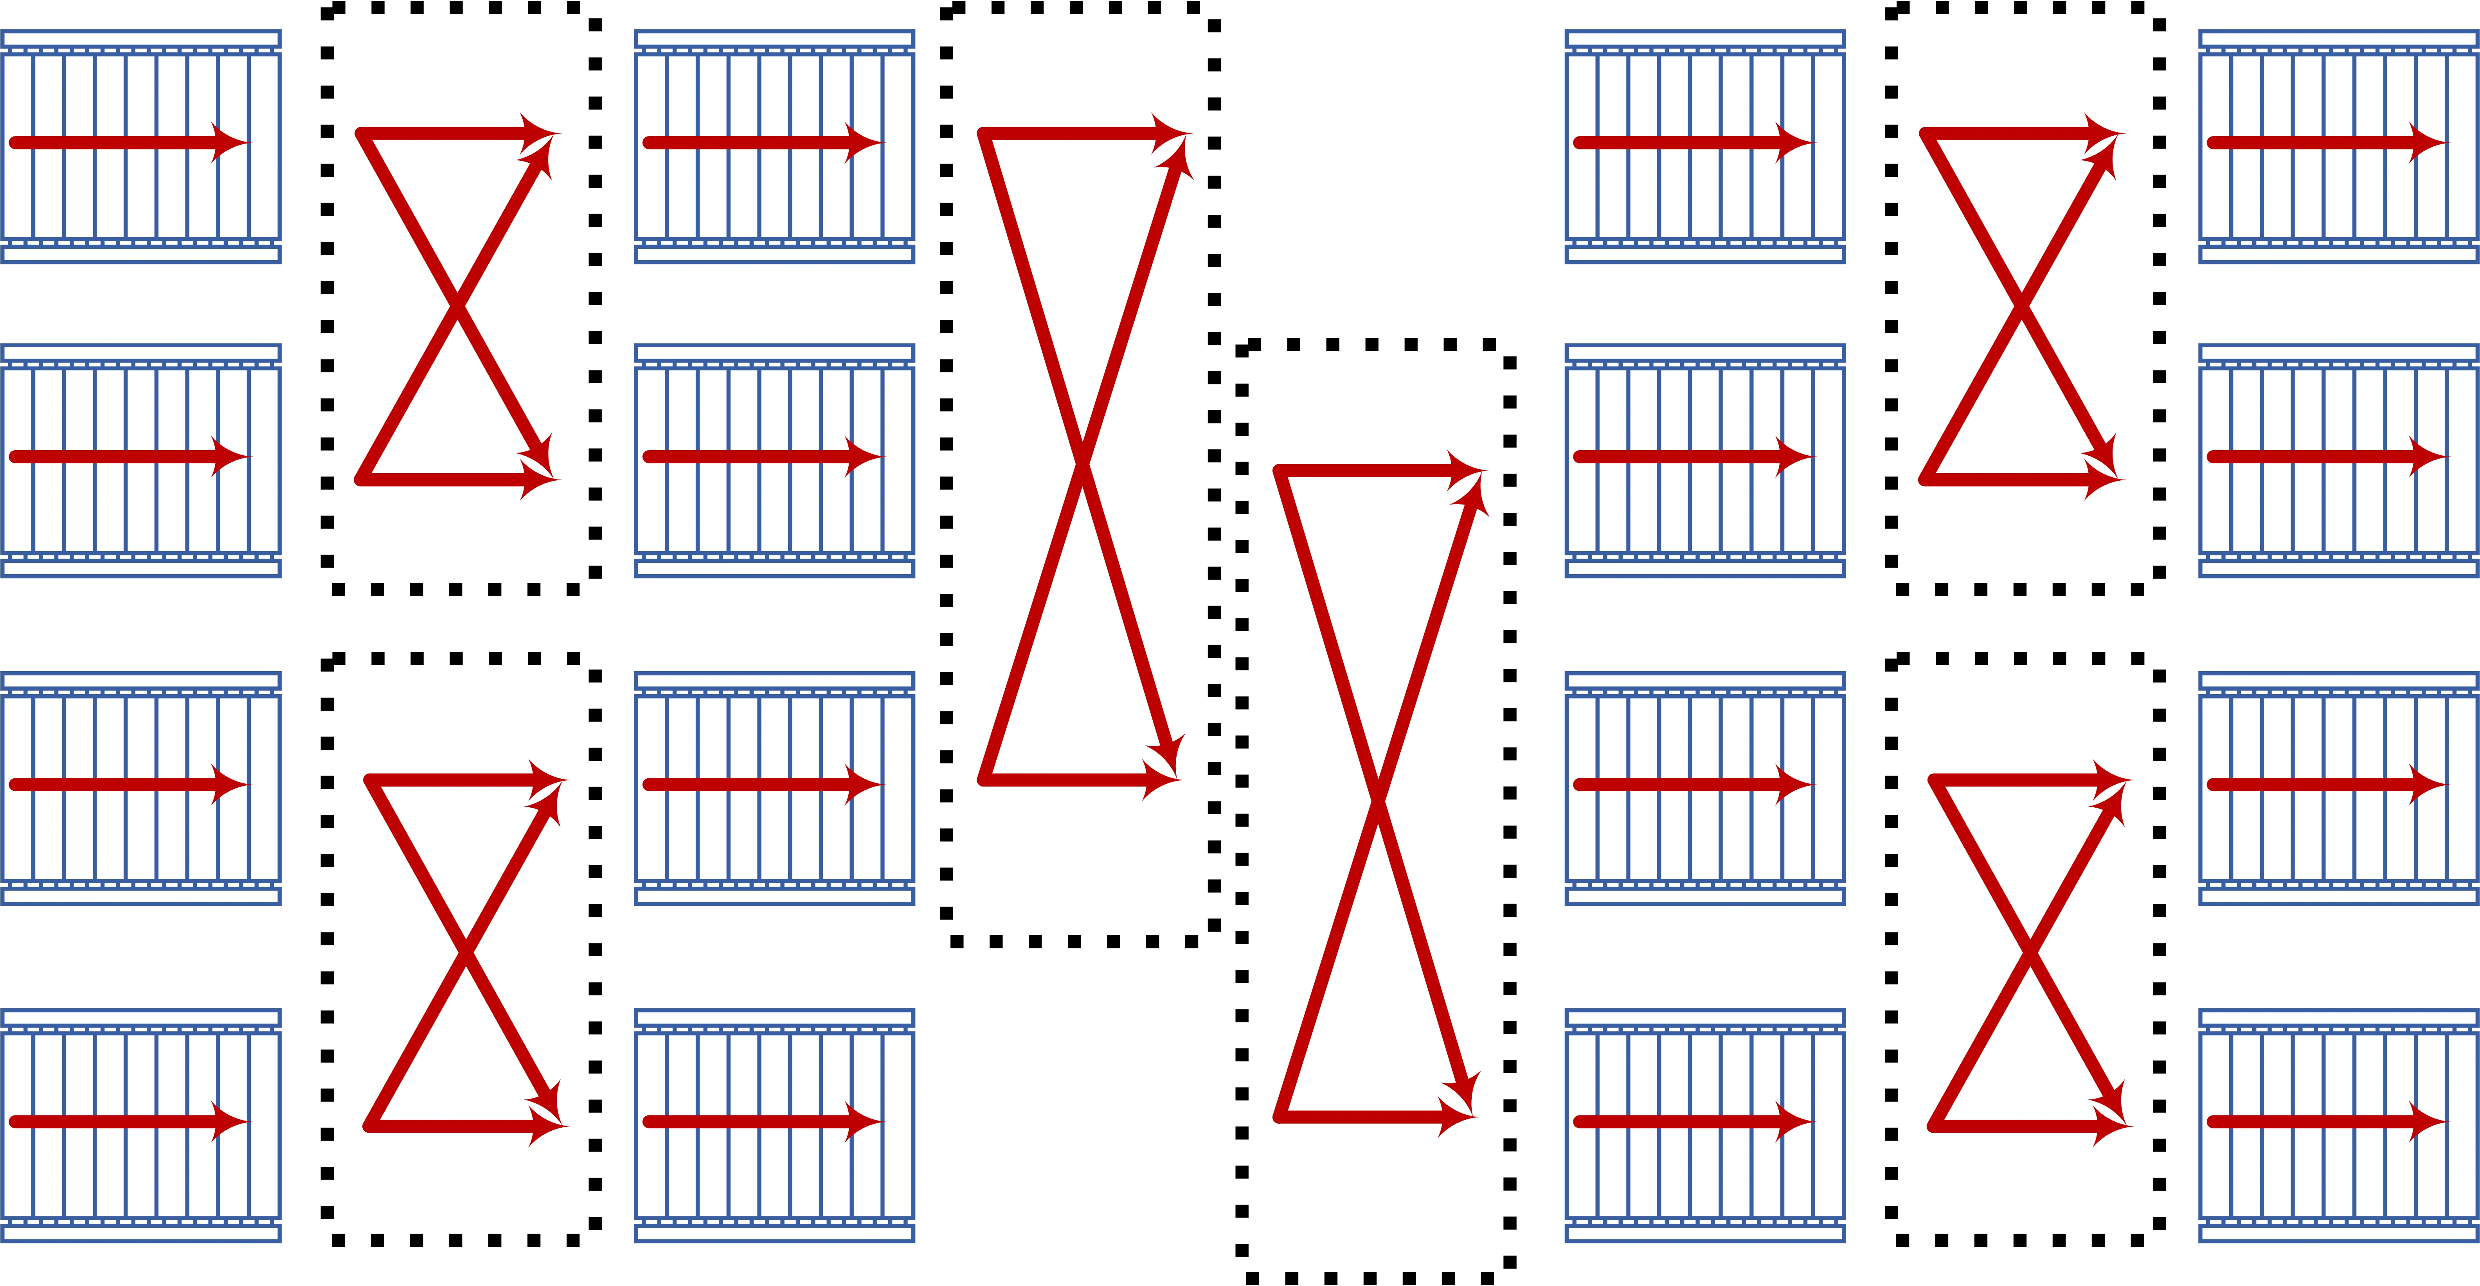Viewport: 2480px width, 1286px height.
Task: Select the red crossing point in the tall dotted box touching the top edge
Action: click(x=1082, y=463)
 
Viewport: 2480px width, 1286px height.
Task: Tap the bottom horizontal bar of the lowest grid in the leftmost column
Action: click(x=140, y=1233)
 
